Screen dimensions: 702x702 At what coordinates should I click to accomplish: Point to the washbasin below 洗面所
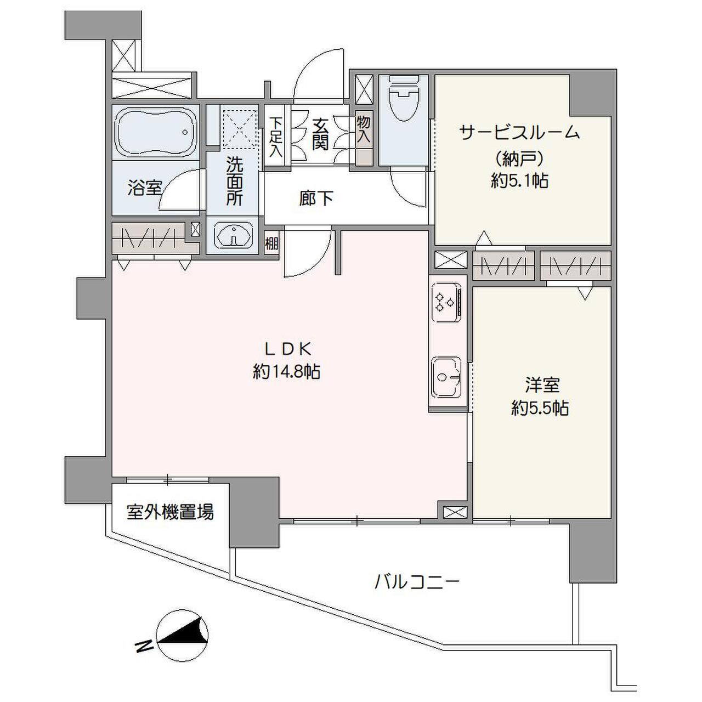[233, 236]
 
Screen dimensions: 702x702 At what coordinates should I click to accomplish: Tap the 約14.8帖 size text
[286, 372]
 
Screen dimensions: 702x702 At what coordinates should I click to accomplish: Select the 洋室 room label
[541, 386]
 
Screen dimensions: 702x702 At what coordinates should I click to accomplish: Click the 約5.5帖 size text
[540, 409]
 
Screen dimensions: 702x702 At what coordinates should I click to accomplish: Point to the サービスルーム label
[519, 133]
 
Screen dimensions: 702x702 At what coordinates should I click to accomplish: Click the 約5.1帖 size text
[519, 180]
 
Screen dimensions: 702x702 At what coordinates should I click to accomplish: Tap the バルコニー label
[417, 581]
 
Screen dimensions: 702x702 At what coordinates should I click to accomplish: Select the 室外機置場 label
[170, 512]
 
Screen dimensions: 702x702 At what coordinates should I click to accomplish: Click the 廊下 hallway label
[316, 199]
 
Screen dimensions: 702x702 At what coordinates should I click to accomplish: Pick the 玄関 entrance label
[320, 135]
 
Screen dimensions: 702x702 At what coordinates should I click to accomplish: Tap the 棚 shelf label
[271, 243]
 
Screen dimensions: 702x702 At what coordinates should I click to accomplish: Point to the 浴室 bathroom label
[145, 188]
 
